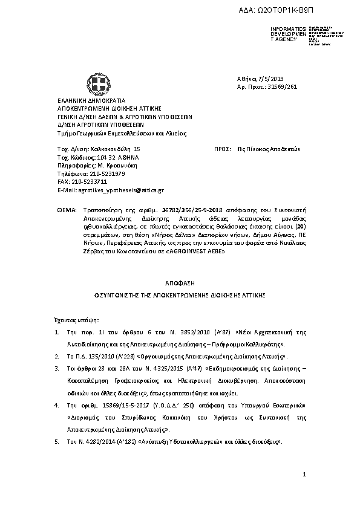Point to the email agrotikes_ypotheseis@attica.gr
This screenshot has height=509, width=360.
click(119, 189)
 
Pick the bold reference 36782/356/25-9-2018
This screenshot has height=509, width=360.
click(148, 207)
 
